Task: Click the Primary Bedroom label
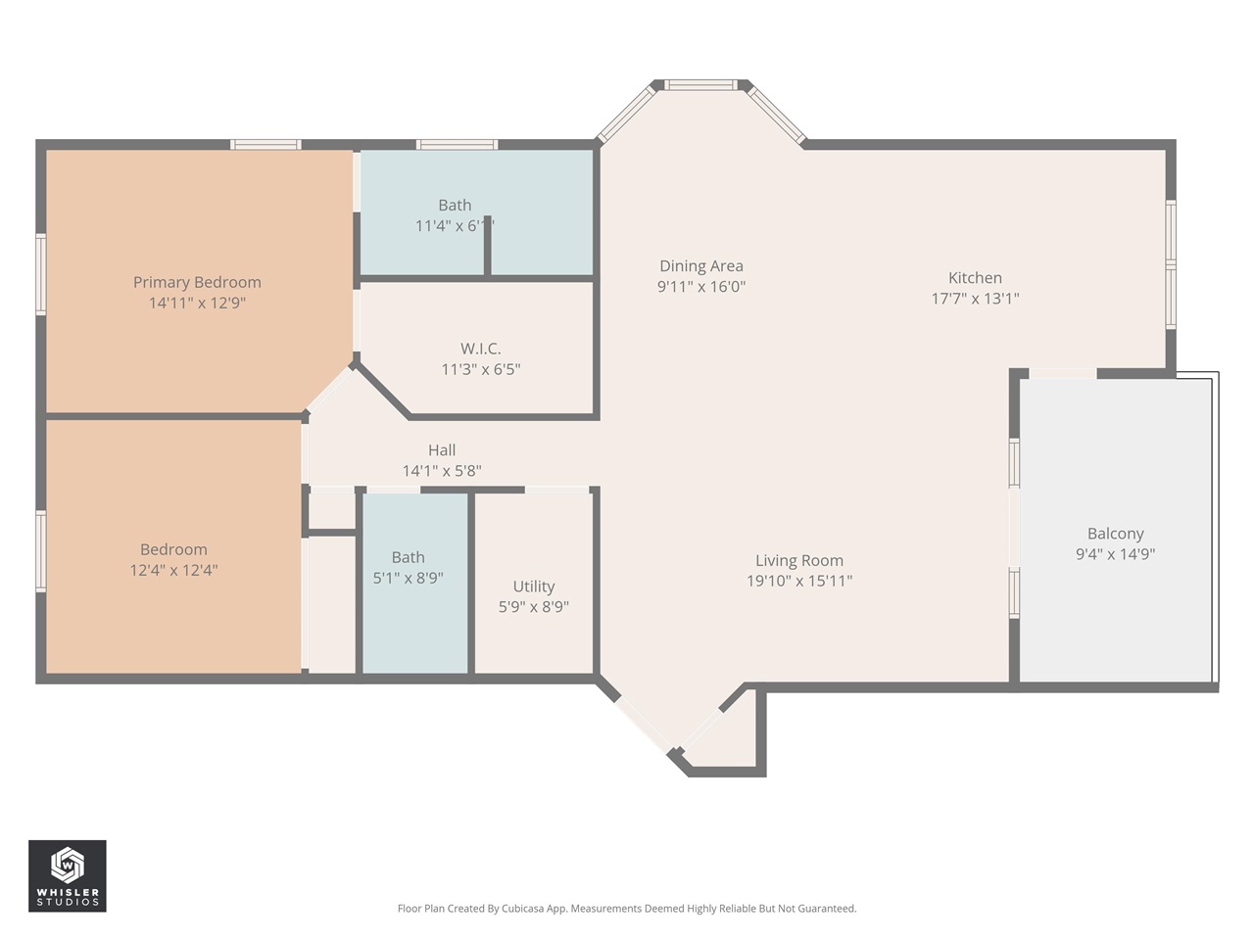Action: click(197, 282)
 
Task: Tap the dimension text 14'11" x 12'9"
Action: click(197, 304)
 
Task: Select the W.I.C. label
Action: click(480, 349)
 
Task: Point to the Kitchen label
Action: click(975, 278)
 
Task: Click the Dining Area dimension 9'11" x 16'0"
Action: click(700, 287)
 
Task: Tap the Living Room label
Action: click(798, 560)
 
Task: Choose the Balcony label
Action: click(1115, 534)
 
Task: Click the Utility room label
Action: click(533, 587)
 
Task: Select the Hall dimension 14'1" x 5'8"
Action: click(442, 471)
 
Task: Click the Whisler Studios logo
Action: click(68, 875)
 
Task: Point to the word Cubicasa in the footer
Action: click(524, 909)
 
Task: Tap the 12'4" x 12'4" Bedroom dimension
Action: click(173, 570)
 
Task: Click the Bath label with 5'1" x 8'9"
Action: click(408, 557)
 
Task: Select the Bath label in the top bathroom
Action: click(455, 205)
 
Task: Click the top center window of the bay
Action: click(700, 85)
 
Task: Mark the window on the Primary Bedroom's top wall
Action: click(265, 145)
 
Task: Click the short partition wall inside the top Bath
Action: click(487, 244)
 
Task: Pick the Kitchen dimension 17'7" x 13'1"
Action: click(975, 299)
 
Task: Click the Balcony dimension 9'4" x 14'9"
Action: click(1115, 554)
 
